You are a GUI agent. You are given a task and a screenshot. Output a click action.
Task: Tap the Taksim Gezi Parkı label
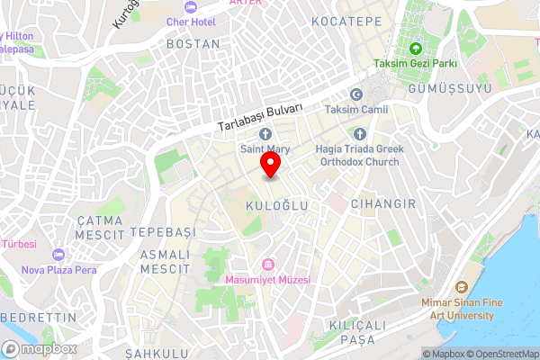click(x=416, y=63)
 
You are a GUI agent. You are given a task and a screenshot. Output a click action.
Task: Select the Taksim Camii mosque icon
click(x=355, y=94)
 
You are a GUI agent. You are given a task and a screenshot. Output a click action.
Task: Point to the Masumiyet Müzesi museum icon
click(x=267, y=264)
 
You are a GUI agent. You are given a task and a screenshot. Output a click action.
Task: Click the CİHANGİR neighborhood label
click(x=383, y=204)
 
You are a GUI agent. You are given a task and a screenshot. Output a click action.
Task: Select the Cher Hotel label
click(x=191, y=21)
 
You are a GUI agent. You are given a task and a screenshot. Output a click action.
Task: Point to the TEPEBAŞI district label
click(x=163, y=232)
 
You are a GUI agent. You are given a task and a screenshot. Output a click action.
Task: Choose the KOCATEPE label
click(x=340, y=20)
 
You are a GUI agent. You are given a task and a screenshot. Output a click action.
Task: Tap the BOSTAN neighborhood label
click(x=193, y=43)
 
